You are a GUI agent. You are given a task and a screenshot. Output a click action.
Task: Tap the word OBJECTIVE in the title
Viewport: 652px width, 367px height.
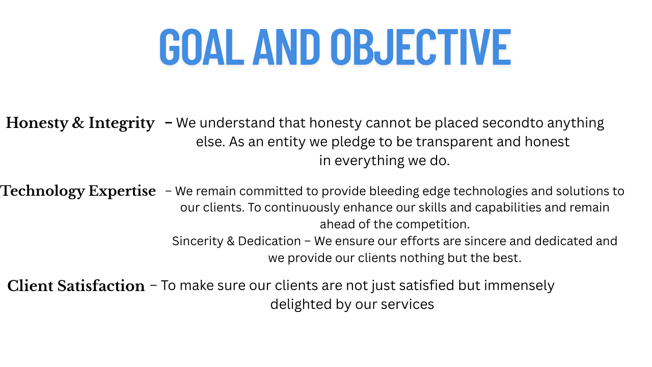click(x=421, y=47)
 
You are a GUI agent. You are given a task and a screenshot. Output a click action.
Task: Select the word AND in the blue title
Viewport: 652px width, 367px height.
click(x=286, y=47)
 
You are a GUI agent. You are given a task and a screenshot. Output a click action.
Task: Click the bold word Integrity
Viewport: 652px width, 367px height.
click(x=121, y=123)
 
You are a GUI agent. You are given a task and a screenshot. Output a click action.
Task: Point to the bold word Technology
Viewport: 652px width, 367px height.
click(x=42, y=192)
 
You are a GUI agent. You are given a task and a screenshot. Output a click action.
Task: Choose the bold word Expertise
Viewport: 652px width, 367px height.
click(x=122, y=192)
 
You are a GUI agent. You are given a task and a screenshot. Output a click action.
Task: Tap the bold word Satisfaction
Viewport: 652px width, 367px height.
click(x=101, y=286)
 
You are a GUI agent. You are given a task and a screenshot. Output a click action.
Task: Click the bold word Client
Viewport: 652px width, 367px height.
click(x=30, y=286)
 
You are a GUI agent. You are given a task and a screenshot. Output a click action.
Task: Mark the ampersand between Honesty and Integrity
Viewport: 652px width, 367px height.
click(x=78, y=123)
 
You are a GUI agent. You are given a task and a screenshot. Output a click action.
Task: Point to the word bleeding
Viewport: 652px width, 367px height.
click(x=394, y=191)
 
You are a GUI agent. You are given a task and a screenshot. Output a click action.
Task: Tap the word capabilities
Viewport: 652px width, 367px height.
click(x=508, y=207)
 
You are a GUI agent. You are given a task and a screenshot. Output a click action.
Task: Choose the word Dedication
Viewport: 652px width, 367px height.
click(x=269, y=241)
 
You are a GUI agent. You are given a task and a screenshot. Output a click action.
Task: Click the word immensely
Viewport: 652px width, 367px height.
click(x=519, y=286)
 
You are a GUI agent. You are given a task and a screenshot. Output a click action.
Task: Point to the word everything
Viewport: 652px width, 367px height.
click(x=369, y=161)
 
